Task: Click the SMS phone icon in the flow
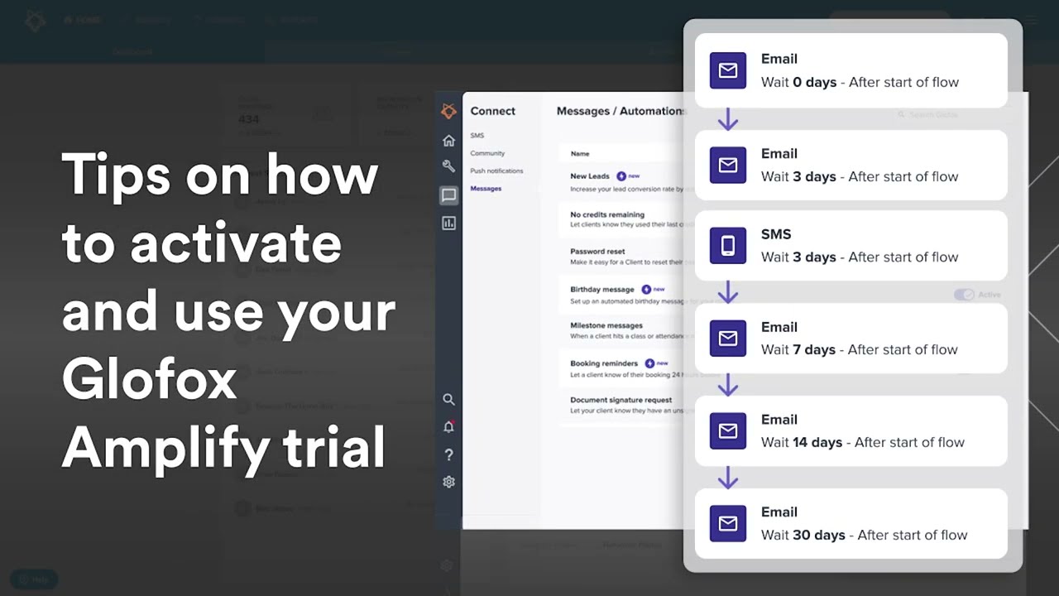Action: pos(728,246)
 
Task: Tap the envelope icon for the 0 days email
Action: pos(728,70)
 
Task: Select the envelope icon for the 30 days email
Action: pos(728,523)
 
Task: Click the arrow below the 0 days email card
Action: pos(728,120)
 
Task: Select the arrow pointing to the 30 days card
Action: pos(728,478)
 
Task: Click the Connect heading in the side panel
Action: pos(492,111)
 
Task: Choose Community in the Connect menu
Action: pos(487,153)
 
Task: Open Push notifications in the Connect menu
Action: pos(496,171)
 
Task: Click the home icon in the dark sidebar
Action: pos(448,141)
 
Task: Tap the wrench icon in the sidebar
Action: pos(448,166)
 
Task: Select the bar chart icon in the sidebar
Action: pos(448,223)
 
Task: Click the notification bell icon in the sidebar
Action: pos(448,427)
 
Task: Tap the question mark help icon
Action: pos(448,454)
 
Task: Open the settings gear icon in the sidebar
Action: pos(448,482)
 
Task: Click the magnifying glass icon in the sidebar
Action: pos(448,399)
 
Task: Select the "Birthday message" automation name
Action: pos(601,290)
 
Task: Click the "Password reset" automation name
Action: pos(597,252)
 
